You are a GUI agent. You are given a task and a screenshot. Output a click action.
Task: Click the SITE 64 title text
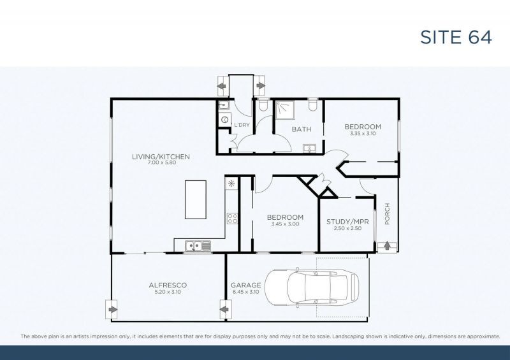click(x=456, y=37)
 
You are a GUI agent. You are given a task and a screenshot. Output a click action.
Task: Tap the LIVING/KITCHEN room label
click(x=161, y=156)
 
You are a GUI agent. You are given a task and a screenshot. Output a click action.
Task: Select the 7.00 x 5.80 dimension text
click(x=161, y=163)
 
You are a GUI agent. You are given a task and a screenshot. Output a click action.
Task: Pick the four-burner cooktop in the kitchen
click(x=232, y=219)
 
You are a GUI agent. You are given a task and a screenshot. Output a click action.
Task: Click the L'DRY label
click(x=242, y=125)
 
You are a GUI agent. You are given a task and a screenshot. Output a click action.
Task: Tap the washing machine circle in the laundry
click(x=224, y=119)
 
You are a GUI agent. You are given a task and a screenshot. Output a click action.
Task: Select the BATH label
click(x=301, y=129)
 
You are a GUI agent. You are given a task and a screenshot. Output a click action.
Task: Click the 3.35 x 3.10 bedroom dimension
click(x=363, y=134)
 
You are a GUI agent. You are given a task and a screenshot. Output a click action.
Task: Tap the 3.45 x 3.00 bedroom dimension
click(x=284, y=225)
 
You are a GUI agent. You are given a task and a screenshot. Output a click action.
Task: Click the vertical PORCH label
click(x=387, y=214)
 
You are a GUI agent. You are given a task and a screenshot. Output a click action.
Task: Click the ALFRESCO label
click(x=167, y=285)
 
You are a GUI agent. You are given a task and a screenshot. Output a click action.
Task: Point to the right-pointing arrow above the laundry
click(x=261, y=86)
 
